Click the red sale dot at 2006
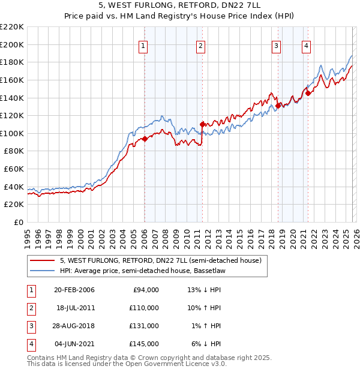coord(145,139)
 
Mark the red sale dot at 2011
coord(202,125)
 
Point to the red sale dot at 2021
coord(307,93)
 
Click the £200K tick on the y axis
coord(13,44)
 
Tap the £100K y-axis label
coord(13,133)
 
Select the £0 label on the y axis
coord(18,222)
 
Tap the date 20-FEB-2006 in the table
coord(74,290)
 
